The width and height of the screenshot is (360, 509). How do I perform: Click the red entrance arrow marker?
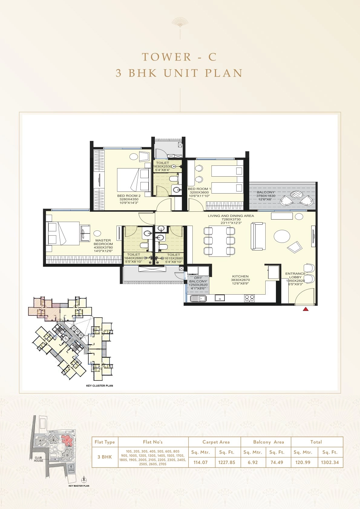click(306, 309)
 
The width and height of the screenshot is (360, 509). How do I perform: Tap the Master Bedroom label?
click(103, 242)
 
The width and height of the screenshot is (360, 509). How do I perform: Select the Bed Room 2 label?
click(129, 196)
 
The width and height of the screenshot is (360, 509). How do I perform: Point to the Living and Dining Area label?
click(231, 216)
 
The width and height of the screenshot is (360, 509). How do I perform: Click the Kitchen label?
click(241, 276)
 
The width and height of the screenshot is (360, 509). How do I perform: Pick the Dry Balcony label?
click(198, 280)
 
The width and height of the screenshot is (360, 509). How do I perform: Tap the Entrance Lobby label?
click(295, 276)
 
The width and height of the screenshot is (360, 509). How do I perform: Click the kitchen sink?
click(198, 299)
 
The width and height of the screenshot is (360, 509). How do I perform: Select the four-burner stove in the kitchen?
click(249, 298)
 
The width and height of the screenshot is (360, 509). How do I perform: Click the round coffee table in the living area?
click(282, 237)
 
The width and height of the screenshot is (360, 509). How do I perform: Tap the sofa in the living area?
click(258, 236)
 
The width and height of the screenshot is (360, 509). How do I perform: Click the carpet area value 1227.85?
click(227, 462)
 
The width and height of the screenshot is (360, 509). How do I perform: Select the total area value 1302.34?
click(330, 462)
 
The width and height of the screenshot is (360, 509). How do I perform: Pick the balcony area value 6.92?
click(253, 462)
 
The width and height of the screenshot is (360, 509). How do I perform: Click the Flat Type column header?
click(105, 442)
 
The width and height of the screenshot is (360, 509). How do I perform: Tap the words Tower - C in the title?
click(180, 57)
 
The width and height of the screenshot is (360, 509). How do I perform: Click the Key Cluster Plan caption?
click(100, 386)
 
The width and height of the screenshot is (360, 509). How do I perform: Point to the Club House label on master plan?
click(38, 459)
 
